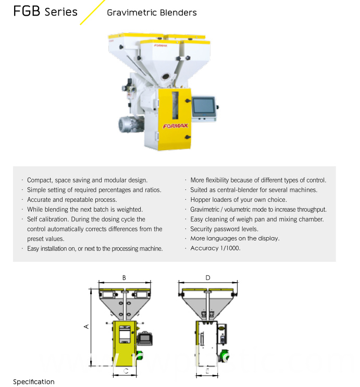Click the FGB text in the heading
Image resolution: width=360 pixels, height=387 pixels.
27,11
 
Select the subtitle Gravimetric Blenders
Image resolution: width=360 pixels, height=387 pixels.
152,13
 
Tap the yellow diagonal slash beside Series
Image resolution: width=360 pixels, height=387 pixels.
92,12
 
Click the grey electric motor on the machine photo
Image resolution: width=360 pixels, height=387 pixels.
129,125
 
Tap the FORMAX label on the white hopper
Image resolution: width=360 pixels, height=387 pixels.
160,46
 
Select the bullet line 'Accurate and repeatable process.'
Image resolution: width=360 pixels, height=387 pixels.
72,200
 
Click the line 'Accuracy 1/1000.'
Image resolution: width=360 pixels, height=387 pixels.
215,248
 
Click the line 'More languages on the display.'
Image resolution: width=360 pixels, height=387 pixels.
235,238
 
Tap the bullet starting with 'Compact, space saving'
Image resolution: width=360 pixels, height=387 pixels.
87,180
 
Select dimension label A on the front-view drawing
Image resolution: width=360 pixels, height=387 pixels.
86,326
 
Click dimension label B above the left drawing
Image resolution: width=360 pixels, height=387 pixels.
124,278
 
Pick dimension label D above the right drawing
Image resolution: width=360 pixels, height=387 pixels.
208,278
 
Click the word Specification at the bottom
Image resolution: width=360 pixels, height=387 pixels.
34,382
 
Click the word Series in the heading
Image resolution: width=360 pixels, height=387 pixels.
61,12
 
